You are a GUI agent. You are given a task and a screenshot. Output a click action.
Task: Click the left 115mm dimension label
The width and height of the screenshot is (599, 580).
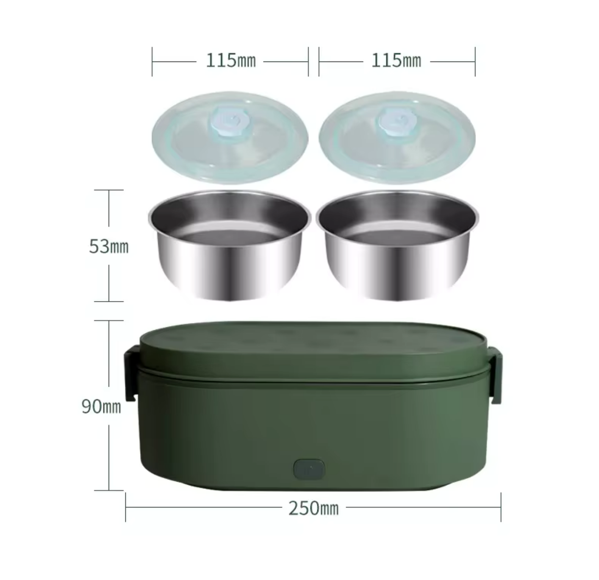(x=230, y=60)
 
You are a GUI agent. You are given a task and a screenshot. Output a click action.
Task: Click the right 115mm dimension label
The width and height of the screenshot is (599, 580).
(x=396, y=60)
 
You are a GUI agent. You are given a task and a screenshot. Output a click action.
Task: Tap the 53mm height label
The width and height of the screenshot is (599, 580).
(x=108, y=246)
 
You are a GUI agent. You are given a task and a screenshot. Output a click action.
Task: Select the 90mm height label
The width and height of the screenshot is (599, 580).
(x=101, y=406)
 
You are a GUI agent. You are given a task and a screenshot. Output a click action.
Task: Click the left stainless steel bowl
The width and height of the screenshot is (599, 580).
(x=229, y=245)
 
